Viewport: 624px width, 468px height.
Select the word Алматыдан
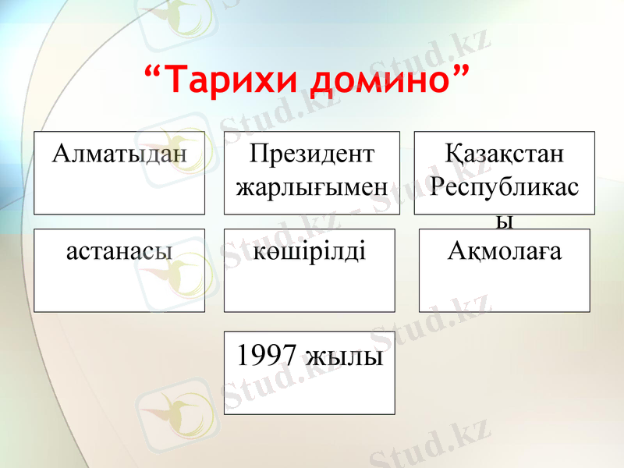coord(119,153)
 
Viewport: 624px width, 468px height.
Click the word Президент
coord(311,153)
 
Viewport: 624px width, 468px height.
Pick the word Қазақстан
coord(504,153)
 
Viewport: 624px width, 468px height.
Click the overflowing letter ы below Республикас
coord(505,222)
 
